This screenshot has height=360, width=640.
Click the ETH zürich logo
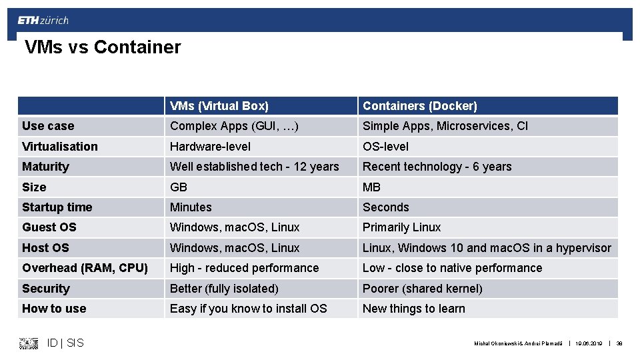[43, 20]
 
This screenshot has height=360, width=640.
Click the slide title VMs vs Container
[103, 47]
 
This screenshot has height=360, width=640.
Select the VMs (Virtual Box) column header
[219, 106]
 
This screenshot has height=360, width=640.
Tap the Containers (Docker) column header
[420, 106]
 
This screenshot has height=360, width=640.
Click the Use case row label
[48, 126]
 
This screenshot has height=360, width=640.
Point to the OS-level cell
[385, 147]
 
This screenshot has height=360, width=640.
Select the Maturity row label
[45, 167]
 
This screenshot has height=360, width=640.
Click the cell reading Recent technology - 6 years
[437, 167]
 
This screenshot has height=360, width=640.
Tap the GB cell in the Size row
[179, 187]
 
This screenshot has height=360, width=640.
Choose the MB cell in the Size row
[372, 187]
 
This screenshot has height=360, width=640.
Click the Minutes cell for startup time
[191, 207]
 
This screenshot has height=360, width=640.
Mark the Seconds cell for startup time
[385, 207]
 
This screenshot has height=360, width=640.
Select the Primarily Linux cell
[401, 227]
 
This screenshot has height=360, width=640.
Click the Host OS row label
[45, 248]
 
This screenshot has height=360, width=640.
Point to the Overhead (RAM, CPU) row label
[85, 268]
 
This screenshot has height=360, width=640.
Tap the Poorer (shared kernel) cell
[422, 289]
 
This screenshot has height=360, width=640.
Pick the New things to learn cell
[413, 309]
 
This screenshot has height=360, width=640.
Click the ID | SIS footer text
[65, 343]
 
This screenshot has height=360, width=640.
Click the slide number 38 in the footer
[619, 343]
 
